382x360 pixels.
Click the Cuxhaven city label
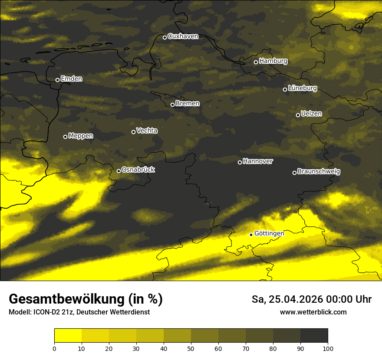coord(183,36)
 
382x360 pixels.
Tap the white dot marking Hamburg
coord(256,62)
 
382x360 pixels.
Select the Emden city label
coord(71,79)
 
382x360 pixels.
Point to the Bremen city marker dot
coord(172,105)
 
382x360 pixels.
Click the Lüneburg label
coord(303,88)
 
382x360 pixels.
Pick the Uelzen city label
coord(311,114)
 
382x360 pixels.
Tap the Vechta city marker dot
coord(133,132)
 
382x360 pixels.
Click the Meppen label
coord(81,136)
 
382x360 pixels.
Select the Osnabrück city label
coord(138,170)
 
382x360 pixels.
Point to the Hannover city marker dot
coord(240,162)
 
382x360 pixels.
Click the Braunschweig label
coord(319,172)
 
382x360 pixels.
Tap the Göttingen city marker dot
coord(251,235)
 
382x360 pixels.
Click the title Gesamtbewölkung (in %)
coord(86,299)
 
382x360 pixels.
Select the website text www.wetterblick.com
coord(313,312)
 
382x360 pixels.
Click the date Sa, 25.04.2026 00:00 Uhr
coord(311,299)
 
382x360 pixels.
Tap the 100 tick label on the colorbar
coord(328,349)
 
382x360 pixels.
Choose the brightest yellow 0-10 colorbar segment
coord(68,336)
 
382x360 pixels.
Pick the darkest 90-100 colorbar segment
coord(314,336)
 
